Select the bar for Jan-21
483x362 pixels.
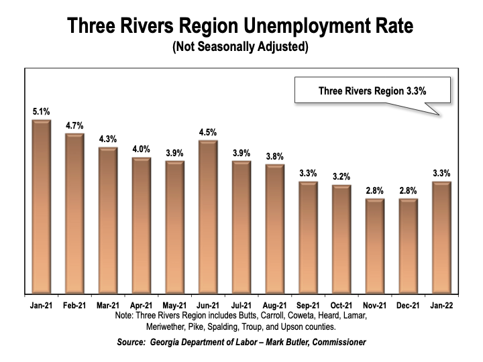pos(42,208)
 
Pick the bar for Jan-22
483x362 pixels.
pos(441,238)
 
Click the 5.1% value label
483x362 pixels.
pos(42,110)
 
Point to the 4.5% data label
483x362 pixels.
pos(208,132)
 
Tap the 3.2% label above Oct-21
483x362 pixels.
pos(341,176)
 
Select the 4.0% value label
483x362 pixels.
pos(142,149)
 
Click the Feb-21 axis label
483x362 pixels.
pos(75,304)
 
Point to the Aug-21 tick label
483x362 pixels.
pos(274,304)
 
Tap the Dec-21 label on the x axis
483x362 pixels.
pos(408,304)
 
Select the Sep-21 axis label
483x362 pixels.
pos(308,304)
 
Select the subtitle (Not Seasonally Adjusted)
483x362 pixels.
pos(241,48)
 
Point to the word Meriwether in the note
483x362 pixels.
pos(170,327)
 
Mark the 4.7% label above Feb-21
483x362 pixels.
pos(75,125)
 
